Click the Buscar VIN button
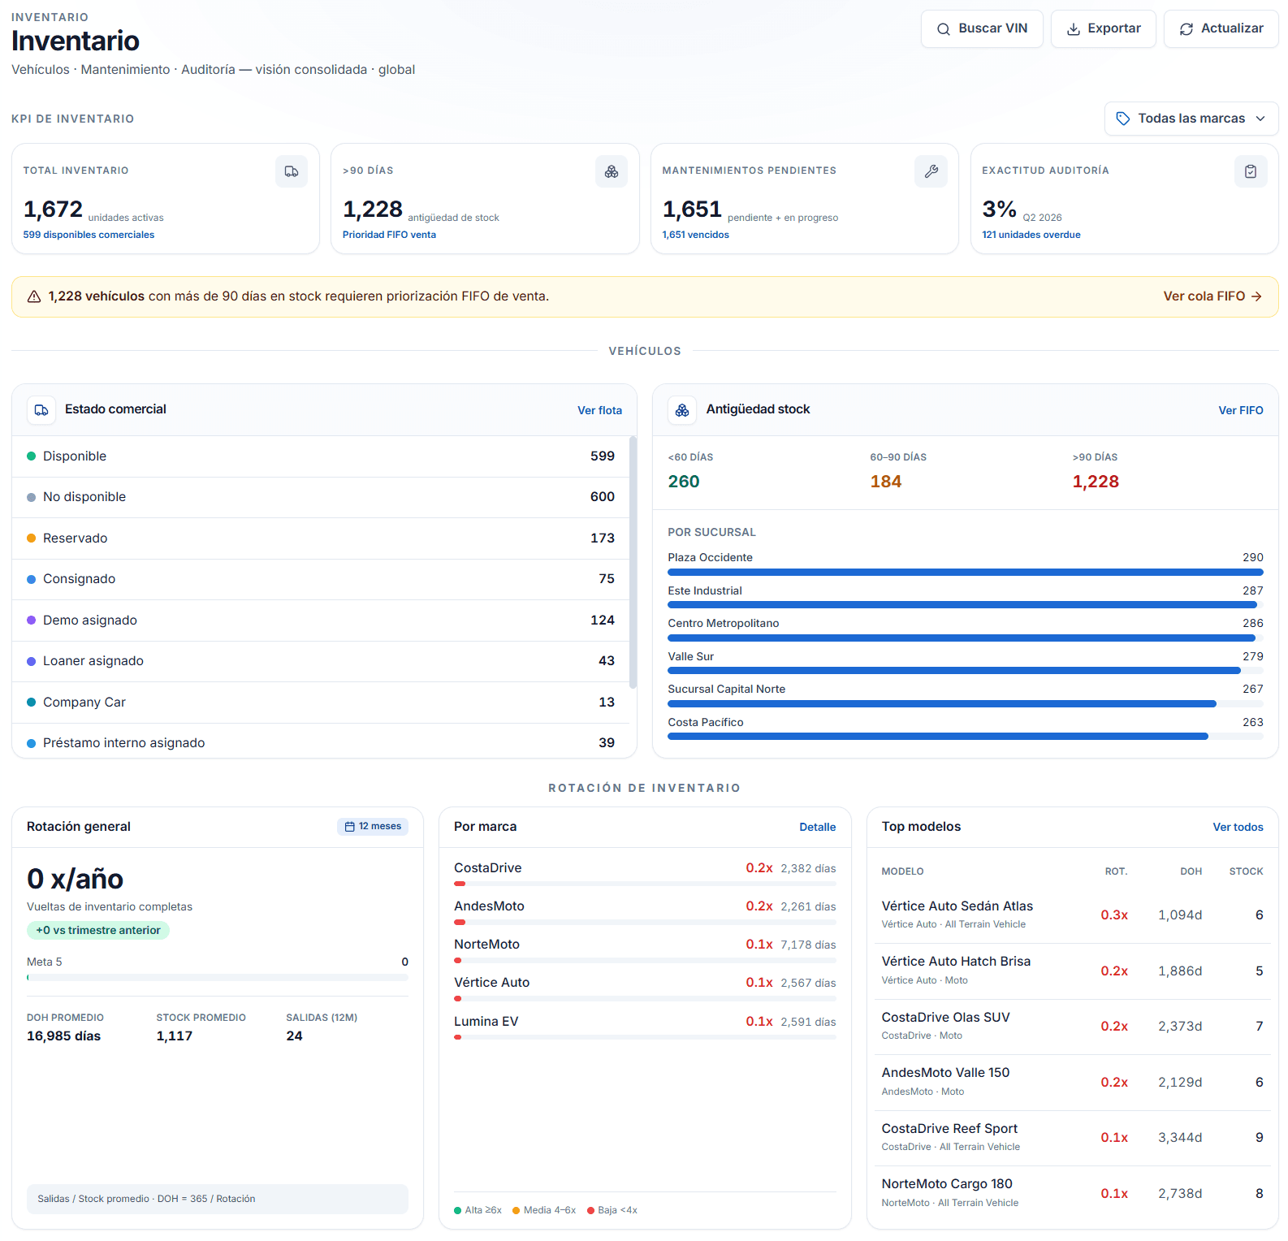pyautogui.click(x=982, y=28)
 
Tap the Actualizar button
pyautogui.click(x=1221, y=28)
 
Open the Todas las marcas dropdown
pyautogui.click(x=1191, y=119)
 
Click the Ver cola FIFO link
pyautogui.click(x=1212, y=296)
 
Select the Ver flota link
pyautogui.click(x=599, y=410)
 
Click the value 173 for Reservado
pyautogui.click(x=602, y=538)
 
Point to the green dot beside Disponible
pyautogui.click(x=31, y=456)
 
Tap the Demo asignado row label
pyautogui.click(x=90, y=620)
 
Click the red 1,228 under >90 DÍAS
pyautogui.click(x=1096, y=482)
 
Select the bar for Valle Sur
pyautogui.click(x=953, y=671)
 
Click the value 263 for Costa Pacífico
pyautogui.click(x=1252, y=722)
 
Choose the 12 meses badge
pyautogui.click(x=373, y=826)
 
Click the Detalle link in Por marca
pyautogui.click(x=817, y=827)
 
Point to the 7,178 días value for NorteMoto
pyautogui.click(x=808, y=945)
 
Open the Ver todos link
pyautogui.click(x=1238, y=827)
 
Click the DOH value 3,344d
pyautogui.click(x=1180, y=1137)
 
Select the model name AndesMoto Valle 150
pyautogui.click(x=945, y=1072)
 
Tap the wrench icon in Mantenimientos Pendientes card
pyautogui.click(x=931, y=171)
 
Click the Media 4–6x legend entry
pyautogui.click(x=544, y=1210)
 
